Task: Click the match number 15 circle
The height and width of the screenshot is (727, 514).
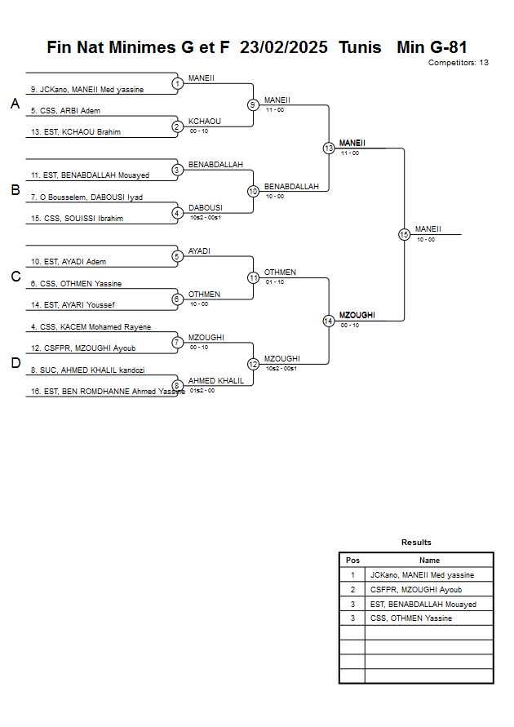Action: tap(404, 234)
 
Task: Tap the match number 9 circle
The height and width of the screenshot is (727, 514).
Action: tap(253, 104)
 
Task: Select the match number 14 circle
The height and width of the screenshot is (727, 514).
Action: tap(328, 321)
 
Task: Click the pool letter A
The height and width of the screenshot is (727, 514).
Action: tap(15, 104)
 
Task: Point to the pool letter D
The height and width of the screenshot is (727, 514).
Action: tap(15, 363)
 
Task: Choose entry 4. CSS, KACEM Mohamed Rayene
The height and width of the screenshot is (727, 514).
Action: tap(91, 326)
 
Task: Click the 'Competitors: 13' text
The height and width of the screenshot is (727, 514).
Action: tap(458, 62)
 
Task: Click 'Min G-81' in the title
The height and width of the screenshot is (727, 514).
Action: tap(432, 47)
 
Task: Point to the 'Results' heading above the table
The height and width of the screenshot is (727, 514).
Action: tap(416, 542)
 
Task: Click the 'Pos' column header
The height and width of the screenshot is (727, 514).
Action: tap(352, 561)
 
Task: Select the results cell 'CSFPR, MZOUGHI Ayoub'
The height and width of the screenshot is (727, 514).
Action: tap(415, 589)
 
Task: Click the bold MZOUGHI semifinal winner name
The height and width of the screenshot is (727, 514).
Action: tap(357, 315)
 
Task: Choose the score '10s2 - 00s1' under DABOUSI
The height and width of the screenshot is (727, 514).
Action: tap(206, 217)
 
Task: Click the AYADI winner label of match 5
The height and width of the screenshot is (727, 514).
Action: tap(199, 250)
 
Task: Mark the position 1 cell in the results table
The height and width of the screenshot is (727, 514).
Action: tap(352, 575)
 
